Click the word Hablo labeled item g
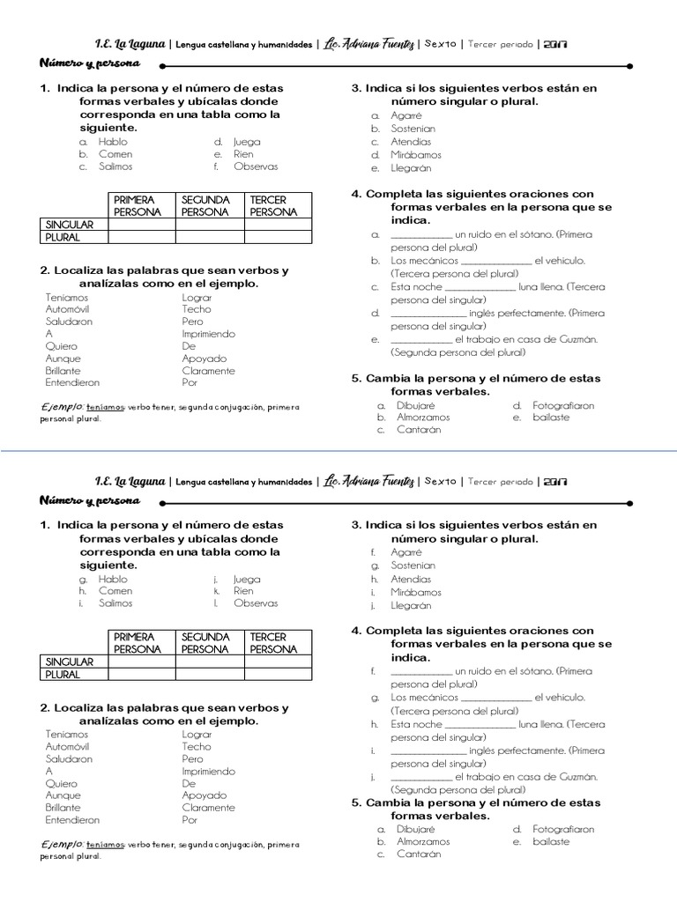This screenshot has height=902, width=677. coord(113,580)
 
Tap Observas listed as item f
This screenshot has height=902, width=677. coord(256,166)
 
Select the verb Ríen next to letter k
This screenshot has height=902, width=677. coord(243,591)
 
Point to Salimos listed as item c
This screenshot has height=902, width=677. coord(115,166)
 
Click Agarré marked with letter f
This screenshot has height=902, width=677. coord(406,552)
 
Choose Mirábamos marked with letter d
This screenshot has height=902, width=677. coord(416,154)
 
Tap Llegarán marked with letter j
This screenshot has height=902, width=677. coord(411,605)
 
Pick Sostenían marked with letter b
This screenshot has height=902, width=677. coord(413,129)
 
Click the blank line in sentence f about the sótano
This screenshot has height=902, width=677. coord(420,671)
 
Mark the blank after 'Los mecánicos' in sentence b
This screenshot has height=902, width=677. coord(496,261)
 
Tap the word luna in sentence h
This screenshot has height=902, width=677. coord(531,724)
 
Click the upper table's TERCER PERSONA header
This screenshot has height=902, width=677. coord(274,206)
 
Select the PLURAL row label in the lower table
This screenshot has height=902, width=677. coord(63,674)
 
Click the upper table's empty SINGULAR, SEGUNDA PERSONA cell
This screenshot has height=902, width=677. coord(210,225)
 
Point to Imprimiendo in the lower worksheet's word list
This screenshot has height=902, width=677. coord(208,771)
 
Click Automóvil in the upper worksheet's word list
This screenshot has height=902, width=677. coord(69,309)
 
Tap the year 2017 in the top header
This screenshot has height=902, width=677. coord(555,43)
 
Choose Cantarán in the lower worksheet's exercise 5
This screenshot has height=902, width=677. coord(419,854)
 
